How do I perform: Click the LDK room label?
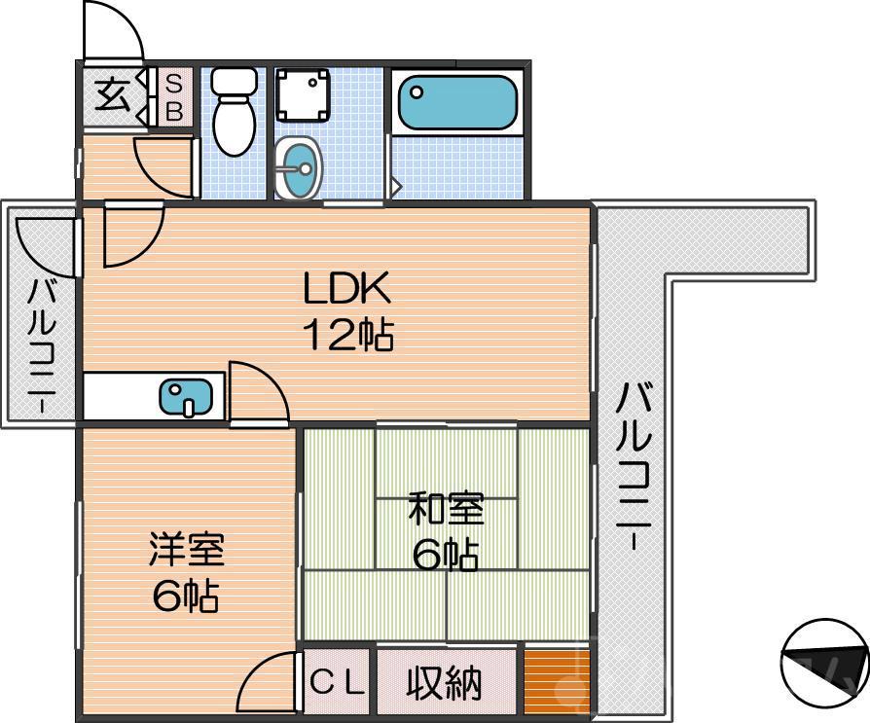pyautogui.click(x=346, y=289)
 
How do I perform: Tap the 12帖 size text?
pyautogui.click(x=346, y=336)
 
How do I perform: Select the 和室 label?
pyautogui.click(x=446, y=509)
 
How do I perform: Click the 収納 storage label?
pyautogui.click(x=444, y=684)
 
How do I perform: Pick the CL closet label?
pyautogui.click(x=338, y=683)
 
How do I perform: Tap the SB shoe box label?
pyautogui.click(x=174, y=96)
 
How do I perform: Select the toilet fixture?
pyautogui.click(x=233, y=112)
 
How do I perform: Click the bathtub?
pyautogui.click(x=456, y=102)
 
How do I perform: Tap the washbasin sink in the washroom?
pyautogui.click(x=298, y=168)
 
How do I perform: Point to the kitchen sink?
pyautogui.click(x=186, y=396)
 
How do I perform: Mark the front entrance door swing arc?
pyautogui.click(x=113, y=31)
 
